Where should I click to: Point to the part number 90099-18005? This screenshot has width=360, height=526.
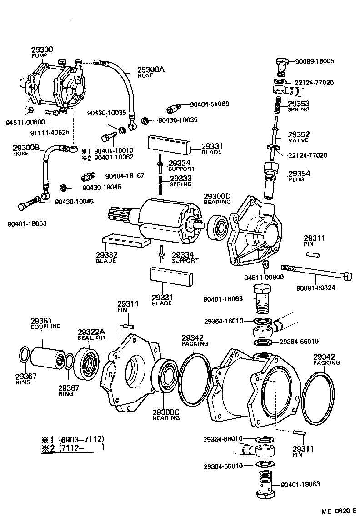(315, 61)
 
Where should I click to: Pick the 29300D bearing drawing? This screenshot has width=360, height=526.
(219, 226)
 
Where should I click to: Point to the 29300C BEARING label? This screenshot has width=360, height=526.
(166, 415)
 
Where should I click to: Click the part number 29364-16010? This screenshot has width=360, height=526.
(223, 321)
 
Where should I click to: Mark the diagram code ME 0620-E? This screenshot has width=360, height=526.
(338, 511)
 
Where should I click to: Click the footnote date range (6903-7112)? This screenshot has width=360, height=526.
(82, 439)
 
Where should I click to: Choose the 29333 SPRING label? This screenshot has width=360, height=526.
(180, 181)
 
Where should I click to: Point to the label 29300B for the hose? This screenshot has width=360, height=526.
(26, 148)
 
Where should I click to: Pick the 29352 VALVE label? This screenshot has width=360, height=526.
(298, 137)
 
